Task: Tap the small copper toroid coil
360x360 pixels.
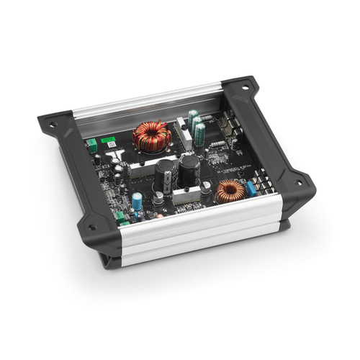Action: (x=230, y=191)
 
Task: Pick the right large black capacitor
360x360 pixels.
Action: (x=189, y=170)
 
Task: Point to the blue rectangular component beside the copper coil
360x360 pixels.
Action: (x=251, y=189)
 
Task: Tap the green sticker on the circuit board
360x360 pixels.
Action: (x=108, y=140)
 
